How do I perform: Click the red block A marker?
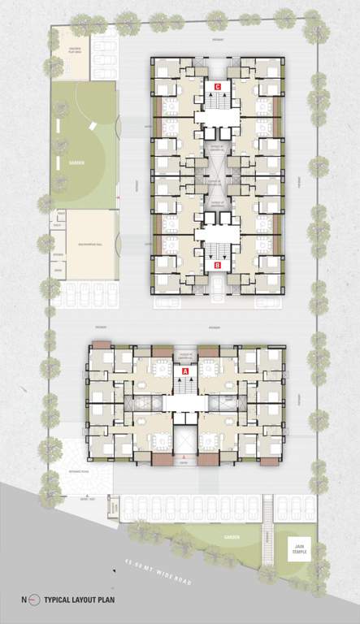point(185,370)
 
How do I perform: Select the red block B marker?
point(217,265)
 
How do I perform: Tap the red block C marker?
point(217,85)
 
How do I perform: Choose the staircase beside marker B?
point(217,249)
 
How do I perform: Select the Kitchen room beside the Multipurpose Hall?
point(59,253)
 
